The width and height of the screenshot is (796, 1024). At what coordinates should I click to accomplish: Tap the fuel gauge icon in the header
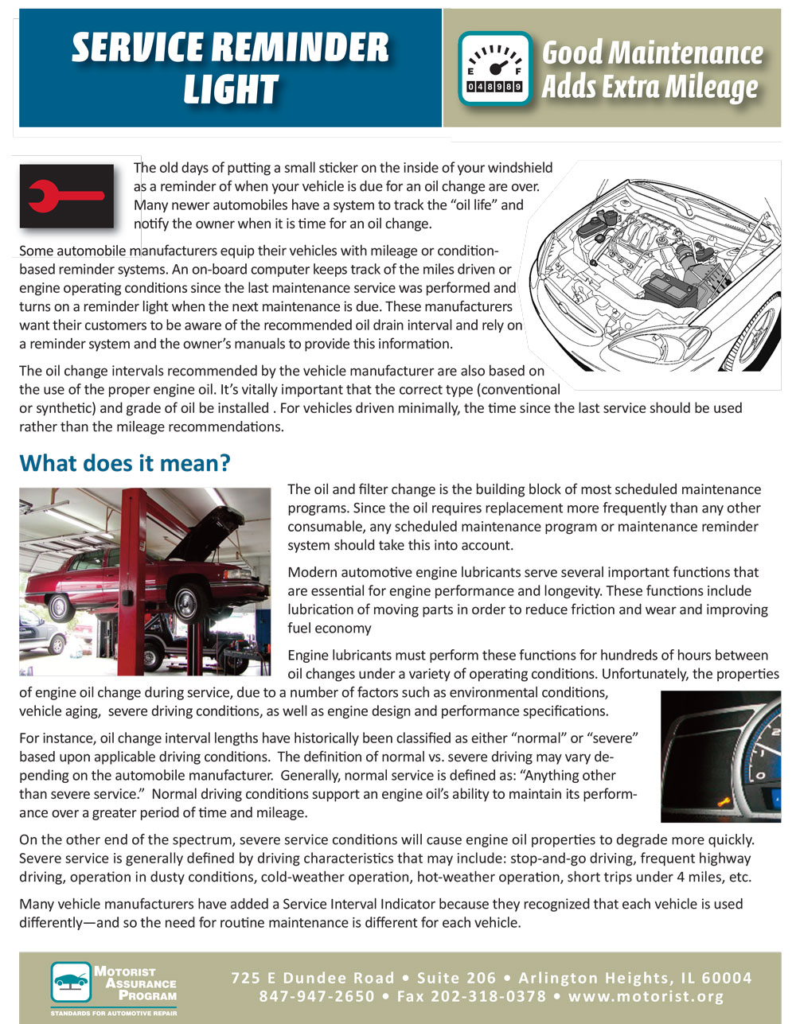[494, 68]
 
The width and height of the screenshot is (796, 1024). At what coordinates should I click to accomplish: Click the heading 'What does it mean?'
[125, 463]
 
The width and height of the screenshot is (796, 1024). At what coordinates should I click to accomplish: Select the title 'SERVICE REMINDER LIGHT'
[230, 68]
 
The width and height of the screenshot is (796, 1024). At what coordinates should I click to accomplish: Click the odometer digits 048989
[494, 86]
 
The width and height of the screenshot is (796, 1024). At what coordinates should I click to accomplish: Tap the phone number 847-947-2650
[316, 996]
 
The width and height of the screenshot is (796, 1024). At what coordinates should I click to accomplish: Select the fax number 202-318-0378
[489, 996]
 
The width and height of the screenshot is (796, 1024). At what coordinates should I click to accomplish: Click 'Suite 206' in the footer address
[457, 978]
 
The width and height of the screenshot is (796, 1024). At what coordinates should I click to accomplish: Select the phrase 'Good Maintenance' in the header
[652, 53]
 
